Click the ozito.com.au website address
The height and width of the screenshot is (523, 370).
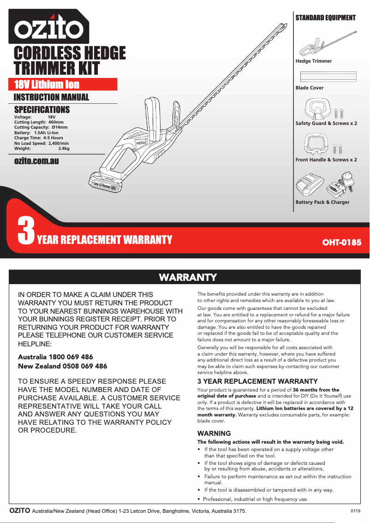click(36, 161)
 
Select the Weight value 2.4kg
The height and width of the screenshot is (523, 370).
click(64, 149)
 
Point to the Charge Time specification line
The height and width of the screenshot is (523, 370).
click(39, 138)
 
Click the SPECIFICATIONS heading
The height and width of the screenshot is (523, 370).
click(42, 110)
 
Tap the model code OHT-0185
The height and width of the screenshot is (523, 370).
click(341, 242)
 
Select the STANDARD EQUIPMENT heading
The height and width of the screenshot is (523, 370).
click(325, 18)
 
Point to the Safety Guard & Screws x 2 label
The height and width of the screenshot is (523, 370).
click(326, 124)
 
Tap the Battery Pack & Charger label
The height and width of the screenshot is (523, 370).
click(322, 202)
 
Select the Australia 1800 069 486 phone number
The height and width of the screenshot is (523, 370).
click(55, 357)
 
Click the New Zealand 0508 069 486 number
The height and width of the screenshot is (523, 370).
click(62, 366)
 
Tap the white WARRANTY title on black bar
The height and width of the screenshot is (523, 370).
click(188, 277)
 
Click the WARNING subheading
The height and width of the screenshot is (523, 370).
click(214, 434)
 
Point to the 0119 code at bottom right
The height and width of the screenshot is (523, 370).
click(355, 511)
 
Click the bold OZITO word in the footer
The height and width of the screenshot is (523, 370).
click(20, 511)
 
